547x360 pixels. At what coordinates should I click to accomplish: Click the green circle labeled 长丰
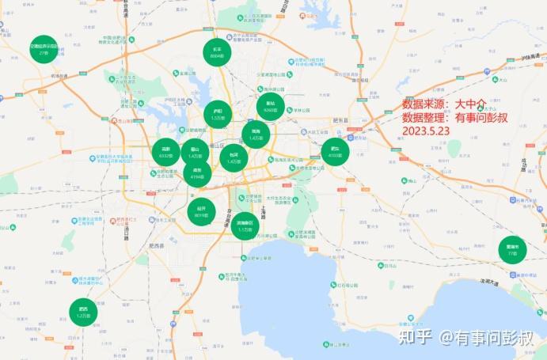[217, 52]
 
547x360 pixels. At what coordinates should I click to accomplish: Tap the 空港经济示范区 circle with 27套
[44, 50]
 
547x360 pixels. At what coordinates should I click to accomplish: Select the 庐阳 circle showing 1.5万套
[218, 115]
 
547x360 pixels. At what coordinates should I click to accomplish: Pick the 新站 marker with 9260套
[270, 107]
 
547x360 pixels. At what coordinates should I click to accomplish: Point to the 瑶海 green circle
[256, 135]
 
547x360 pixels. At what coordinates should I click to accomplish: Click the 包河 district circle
[234, 157]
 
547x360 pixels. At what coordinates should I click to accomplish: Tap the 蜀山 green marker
[195, 153]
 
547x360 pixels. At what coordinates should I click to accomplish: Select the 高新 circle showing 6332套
[166, 152]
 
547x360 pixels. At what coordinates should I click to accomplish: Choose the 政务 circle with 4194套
[197, 173]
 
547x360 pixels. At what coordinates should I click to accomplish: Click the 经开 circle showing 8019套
[201, 211]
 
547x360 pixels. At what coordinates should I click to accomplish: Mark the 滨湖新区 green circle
[245, 226]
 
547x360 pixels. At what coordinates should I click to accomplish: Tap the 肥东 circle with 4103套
[335, 152]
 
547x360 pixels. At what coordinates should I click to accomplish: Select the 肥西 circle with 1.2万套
[83, 312]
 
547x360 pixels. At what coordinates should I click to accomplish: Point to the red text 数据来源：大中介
[443, 104]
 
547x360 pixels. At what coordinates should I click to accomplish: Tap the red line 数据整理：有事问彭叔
[454, 117]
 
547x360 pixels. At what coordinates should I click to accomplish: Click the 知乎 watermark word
[416, 338]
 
